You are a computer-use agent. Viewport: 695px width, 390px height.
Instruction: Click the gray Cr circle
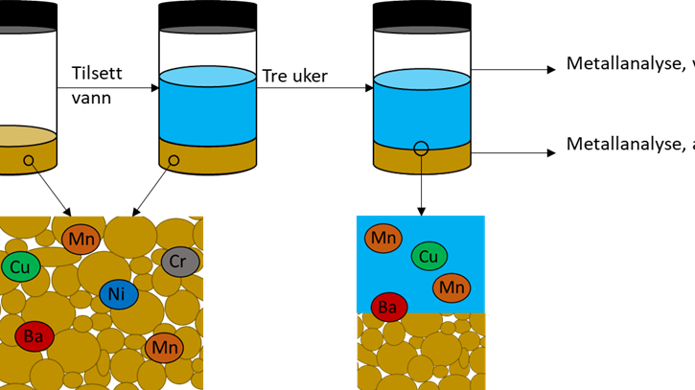coord(180,262)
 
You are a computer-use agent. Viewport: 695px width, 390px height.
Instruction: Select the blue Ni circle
coord(119,294)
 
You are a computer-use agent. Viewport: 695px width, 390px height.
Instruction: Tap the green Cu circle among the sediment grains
coord(21,266)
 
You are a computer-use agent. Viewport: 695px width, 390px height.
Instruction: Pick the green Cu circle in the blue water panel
coord(429,256)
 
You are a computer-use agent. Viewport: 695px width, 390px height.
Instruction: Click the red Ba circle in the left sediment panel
coord(35,336)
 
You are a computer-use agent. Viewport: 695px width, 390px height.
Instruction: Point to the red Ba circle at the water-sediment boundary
coord(388,307)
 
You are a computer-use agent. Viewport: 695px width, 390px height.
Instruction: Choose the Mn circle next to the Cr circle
coord(81,239)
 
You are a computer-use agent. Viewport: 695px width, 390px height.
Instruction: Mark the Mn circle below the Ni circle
coord(165,347)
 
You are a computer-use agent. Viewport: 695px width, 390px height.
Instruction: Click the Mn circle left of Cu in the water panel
coord(383,238)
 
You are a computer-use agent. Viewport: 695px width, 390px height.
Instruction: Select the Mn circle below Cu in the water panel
coord(452,287)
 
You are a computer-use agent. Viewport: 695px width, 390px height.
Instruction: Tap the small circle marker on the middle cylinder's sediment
coord(174,160)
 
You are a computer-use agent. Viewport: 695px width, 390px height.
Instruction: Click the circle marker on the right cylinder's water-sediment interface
coord(421,149)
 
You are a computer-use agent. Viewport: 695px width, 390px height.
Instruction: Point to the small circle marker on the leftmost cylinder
coord(29,160)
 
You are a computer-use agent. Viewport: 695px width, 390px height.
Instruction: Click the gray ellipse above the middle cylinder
coord(207,30)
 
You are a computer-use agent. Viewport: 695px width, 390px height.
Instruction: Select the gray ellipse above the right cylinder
coord(422,30)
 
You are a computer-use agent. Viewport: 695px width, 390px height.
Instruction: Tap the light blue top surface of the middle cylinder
coord(207,77)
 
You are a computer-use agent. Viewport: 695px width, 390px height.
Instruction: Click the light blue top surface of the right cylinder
coord(422,80)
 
